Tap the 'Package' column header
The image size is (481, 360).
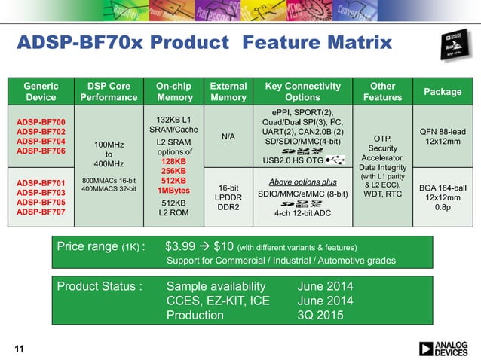tap(443, 91)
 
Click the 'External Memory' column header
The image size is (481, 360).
tap(228, 91)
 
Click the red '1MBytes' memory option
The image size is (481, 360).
tap(174, 190)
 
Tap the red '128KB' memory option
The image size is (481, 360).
tap(174, 161)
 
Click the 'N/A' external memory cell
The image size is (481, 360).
tap(228, 137)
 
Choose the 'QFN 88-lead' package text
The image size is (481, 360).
tap(443, 132)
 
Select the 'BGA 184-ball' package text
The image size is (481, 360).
tap(443, 186)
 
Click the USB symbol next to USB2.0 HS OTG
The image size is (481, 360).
tap(338, 160)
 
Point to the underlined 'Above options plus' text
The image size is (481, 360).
tap(303, 182)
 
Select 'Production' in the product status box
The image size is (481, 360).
tap(196, 316)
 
